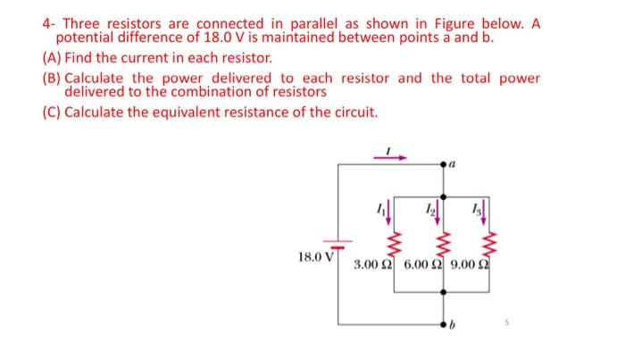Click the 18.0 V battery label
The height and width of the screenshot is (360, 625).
point(315,257)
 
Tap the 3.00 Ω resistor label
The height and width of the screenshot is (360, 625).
point(375,265)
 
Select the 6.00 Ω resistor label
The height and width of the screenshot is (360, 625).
point(426,265)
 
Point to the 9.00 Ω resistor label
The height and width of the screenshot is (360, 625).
point(474,265)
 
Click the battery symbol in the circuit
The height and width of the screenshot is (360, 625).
point(338,242)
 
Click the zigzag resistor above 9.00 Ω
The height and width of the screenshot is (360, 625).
point(489,242)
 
